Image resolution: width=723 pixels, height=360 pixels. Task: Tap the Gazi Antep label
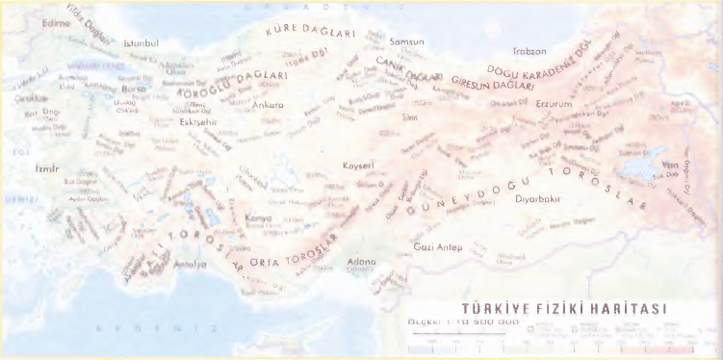[438, 247]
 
